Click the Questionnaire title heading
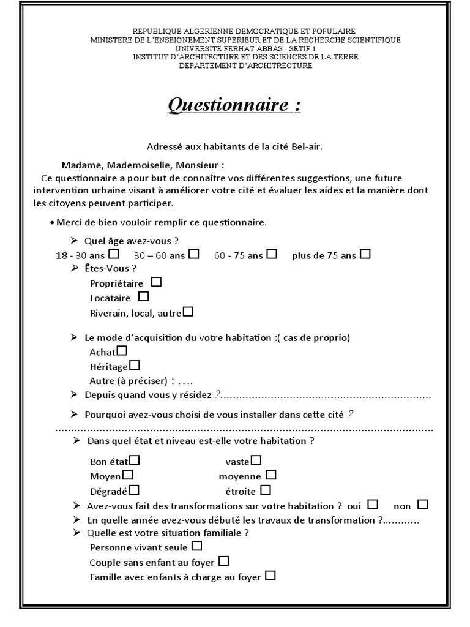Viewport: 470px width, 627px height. click(234, 105)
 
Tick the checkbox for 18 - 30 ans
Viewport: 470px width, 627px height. click(114, 253)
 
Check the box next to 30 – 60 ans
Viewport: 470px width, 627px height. click(194, 253)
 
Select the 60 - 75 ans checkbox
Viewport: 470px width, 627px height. click(272, 253)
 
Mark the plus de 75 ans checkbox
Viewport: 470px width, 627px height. click(365, 253)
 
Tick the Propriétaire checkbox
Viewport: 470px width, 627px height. click(157, 282)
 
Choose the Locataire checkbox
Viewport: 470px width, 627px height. click(144, 297)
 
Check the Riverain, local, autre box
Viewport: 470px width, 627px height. click(188, 312)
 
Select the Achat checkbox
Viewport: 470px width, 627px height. click(122, 351)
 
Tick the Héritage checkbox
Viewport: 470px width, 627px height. click(135, 366)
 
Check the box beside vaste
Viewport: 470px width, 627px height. click(256, 460)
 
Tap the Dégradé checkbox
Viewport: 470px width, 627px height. click(134, 490)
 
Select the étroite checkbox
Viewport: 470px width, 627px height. click(266, 490)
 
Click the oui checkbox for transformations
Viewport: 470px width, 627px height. click(373, 505)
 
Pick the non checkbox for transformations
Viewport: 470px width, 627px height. click(423, 505)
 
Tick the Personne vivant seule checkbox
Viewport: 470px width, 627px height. click(197, 546)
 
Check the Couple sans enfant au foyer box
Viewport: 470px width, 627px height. click(224, 560)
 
